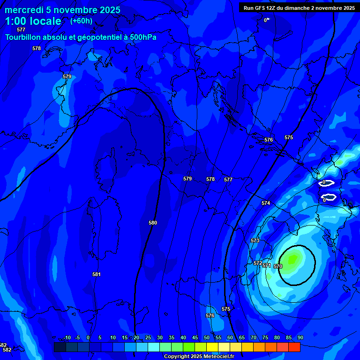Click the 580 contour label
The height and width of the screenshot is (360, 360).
pos(153,223)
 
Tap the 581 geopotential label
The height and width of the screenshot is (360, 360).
pos(97,274)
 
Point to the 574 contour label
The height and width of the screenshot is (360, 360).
pos(266,203)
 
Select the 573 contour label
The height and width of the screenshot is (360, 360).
pos(255,240)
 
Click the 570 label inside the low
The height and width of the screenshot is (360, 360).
pos(278,266)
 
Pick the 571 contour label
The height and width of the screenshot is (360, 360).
pos(267,265)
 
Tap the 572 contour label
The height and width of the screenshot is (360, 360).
pos(257,263)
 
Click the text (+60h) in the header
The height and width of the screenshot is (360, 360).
pos(81,21)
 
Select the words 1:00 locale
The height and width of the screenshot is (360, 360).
pos(33,21)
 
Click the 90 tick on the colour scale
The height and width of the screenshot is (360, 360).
pos(300,337)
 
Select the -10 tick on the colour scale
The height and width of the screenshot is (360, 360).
pos(67,337)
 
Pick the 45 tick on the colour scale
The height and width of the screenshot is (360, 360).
pos(195,337)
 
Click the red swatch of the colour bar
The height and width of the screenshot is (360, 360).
pos(294,347)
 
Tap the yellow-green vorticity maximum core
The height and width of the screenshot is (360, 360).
pos(293,258)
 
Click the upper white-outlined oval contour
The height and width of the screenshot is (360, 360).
pos(327,183)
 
